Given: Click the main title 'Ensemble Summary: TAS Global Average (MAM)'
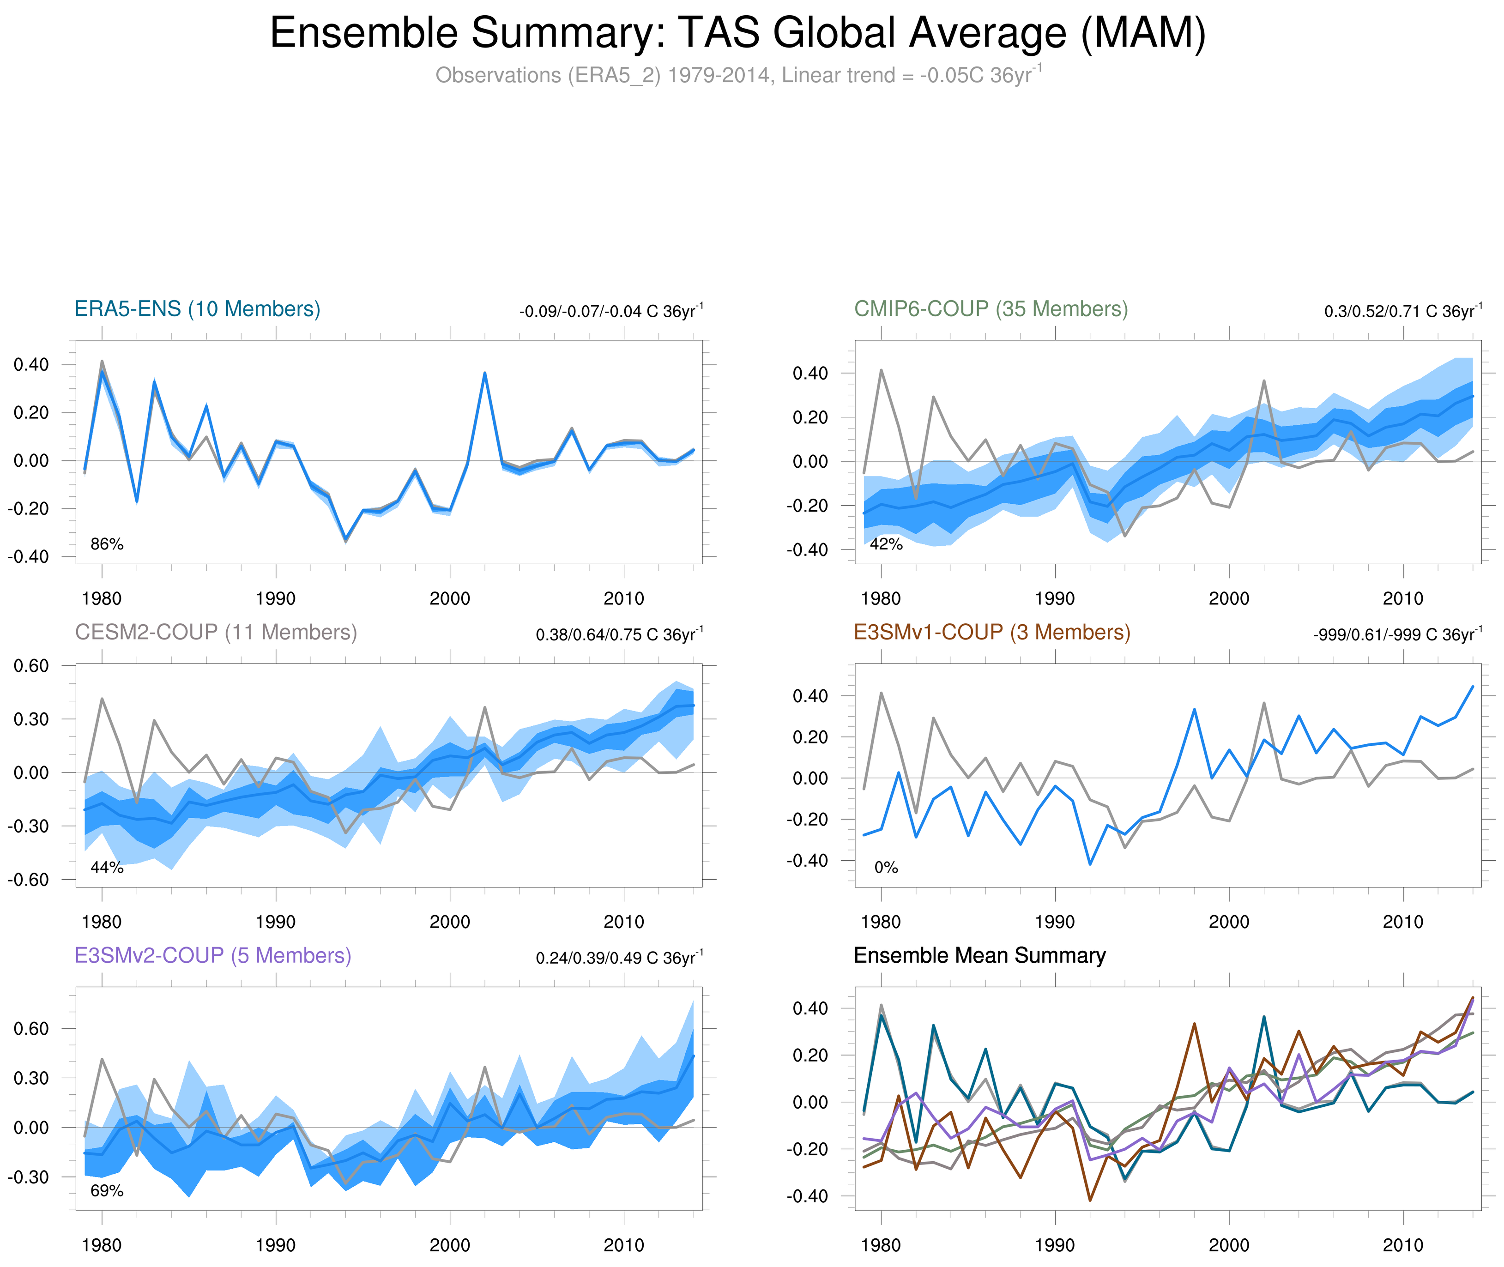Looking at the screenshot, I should pyautogui.click(x=737, y=33).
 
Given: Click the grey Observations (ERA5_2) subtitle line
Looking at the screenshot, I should pyautogui.click(x=737, y=75).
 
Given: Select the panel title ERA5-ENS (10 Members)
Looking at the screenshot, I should pyautogui.click(x=198, y=309).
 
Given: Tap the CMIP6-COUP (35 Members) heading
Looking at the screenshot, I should pyautogui.click(x=991, y=309).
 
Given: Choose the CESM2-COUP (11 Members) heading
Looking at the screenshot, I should pyautogui.click(x=216, y=632).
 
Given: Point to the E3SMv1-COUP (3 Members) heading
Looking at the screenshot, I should pyautogui.click(x=991, y=632).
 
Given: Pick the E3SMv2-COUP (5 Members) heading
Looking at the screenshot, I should pyautogui.click(x=212, y=955).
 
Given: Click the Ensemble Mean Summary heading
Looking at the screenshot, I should pyautogui.click(x=979, y=955).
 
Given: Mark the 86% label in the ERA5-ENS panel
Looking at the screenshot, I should pyautogui.click(x=107, y=544).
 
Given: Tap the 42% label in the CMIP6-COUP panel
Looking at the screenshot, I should pyautogui.click(x=886, y=544).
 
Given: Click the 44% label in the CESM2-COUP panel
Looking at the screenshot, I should pyautogui.click(x=107, y=868).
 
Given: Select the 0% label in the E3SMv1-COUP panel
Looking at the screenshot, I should pyautogui.click(x=886, y=868).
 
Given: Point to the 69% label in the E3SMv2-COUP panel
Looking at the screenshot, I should pyautogui.click(x=107, y=1191).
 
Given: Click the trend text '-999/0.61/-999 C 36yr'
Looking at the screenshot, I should pyautogui.click(x=1396, y=635).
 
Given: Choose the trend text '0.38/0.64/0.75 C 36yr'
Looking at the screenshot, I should pyautogui.click(x=618, y=635).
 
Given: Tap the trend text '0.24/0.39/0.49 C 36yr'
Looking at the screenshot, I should pyautogui.click(x=618, y=958).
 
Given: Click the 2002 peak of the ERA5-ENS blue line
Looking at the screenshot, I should pyautogui.click(x=485, y=373).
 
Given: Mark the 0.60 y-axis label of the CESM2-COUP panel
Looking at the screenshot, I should pyautogui.click(x=31, y=666).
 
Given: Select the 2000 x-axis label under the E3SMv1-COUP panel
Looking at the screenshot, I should pyautogui.click(x=1228, y=922).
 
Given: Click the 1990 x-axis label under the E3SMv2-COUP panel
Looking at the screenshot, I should pyautogui.click(x=276, y=1245).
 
